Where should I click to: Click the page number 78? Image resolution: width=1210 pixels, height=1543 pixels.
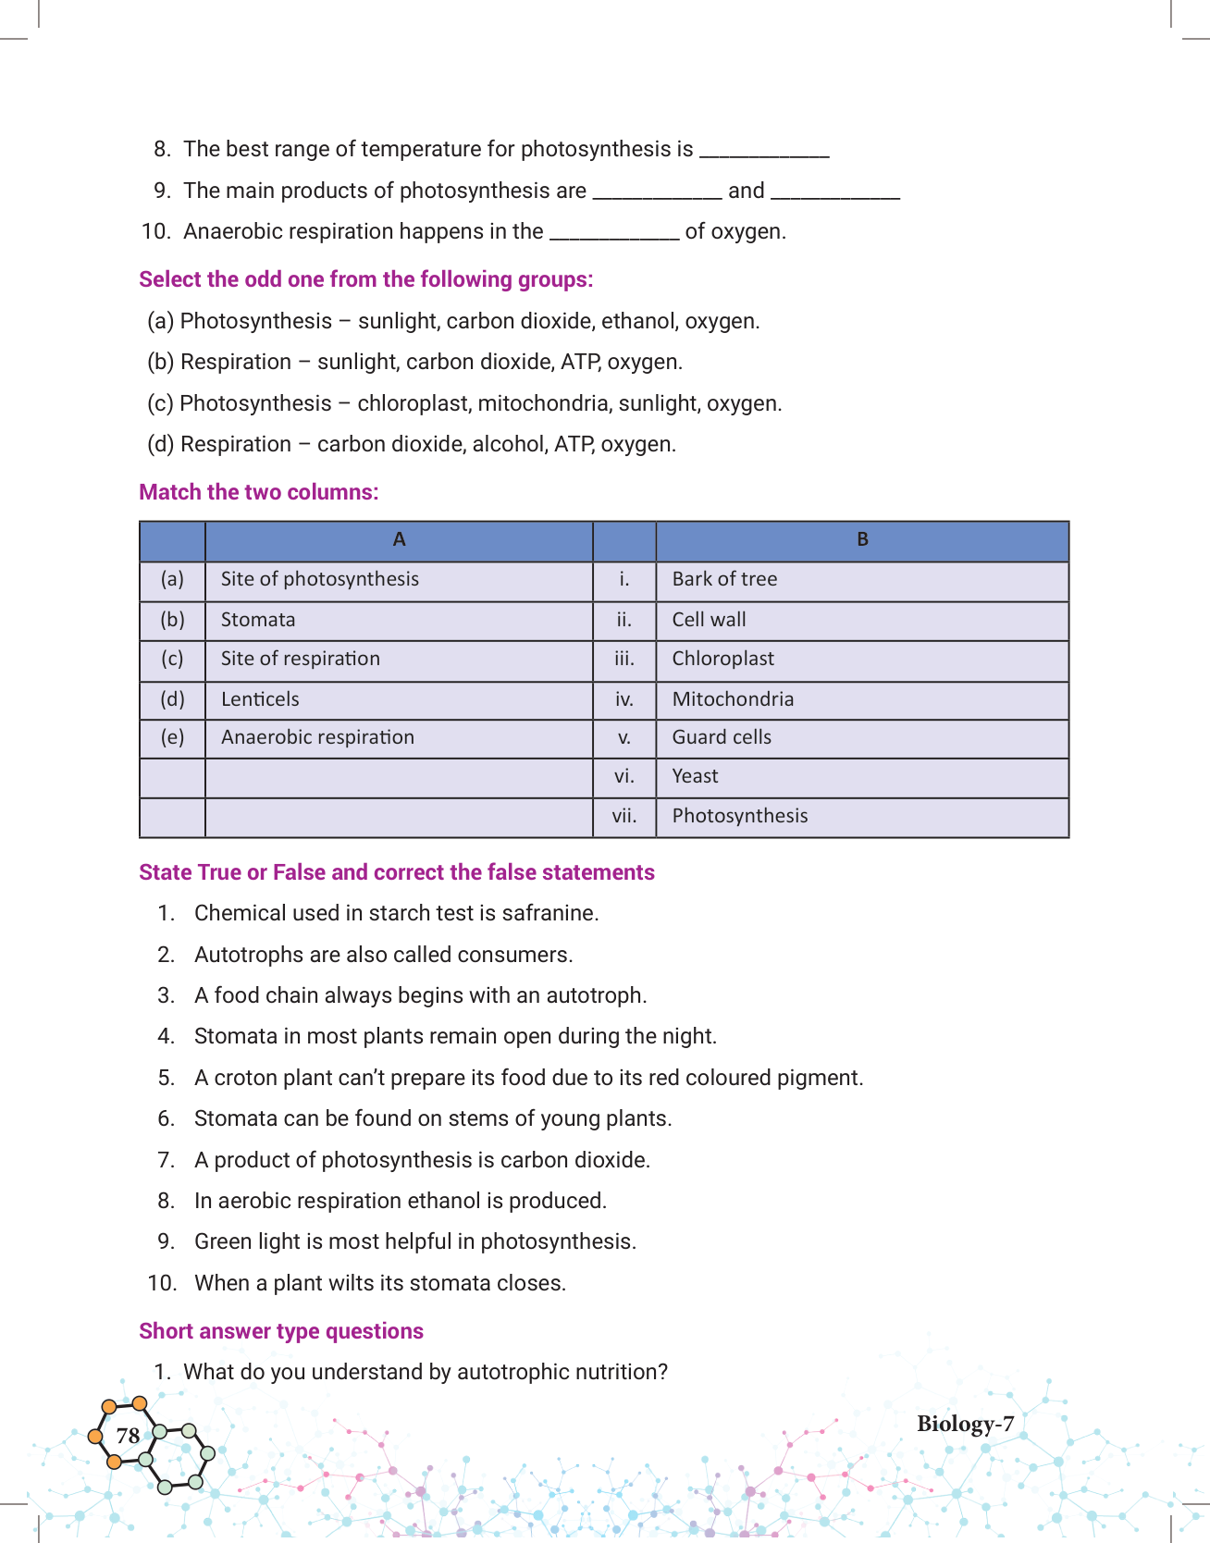pyautogui.click(x=128, y=1435)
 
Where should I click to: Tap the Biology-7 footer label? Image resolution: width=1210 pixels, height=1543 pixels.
pyautogui.click(x=965, y=1424)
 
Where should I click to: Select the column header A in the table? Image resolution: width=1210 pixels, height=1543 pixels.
pyautogui.click(x=399, y=540)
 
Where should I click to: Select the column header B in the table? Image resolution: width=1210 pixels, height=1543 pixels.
pyautogui.click(x=862, y=540)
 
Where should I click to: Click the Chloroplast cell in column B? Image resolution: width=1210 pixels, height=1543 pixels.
pyautogui.click(x=722, y=659)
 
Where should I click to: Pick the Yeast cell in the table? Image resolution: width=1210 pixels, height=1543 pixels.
pyautogui.click(x=695, y=776)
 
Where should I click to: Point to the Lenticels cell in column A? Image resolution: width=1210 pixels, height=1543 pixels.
pyautogui.click(x=260, y=699)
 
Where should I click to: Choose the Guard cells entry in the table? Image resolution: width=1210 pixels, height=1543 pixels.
pyautogui.click(x=722, y=737)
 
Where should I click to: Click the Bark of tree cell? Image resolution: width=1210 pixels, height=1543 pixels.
pyautogui.click(x=724, y=579)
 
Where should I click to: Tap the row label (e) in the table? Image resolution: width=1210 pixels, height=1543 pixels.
pyautogui.click(x=172, y=737)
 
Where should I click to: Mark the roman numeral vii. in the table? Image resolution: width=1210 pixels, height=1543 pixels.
pyautogui.click(x=624, y=816)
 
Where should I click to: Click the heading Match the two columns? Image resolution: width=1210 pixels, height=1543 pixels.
pyautogui.click(x=259, y=492)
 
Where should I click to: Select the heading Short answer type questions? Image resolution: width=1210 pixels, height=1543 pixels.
pyautogui.click(x=281, y=1331)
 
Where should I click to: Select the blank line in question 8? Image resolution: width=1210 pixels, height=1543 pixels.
pyautogui.click(x=764, y=152)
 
